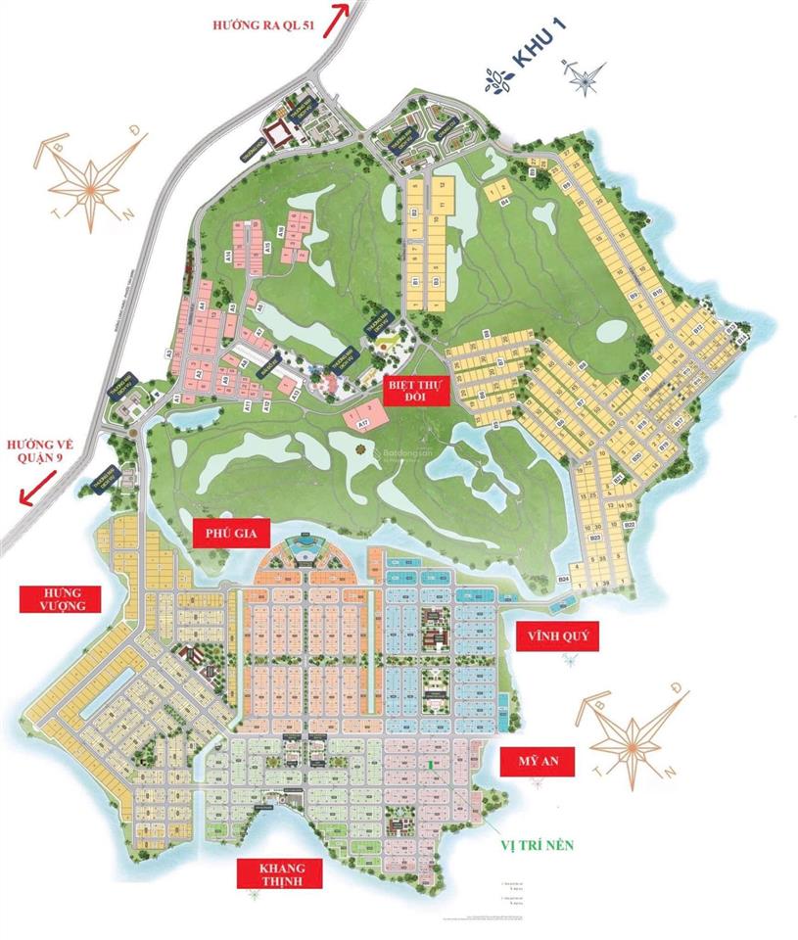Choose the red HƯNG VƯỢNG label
60,599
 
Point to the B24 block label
564,580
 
